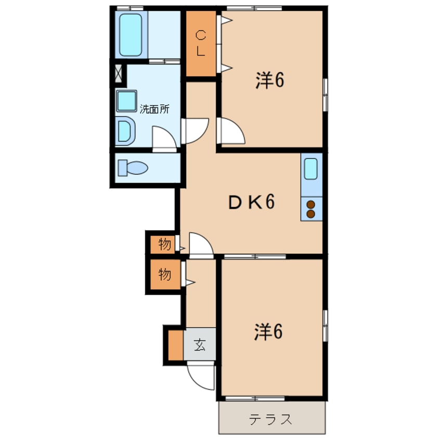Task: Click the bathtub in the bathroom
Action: click(131, 35)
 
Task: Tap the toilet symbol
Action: click(133, 168)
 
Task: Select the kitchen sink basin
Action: click(310, 169)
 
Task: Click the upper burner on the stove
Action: click(310, 205)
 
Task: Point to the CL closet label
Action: click(201, 43)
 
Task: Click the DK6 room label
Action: click(251, 202)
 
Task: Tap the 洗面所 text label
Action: click(154, 109)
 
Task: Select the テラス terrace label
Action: click(270, 419)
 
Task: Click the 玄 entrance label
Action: click(200, 345)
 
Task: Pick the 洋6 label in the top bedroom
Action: click(269, 80)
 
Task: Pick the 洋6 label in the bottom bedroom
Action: click(268, 332)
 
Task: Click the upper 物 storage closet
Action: click(163, 244)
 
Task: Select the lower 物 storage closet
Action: click(165, 274)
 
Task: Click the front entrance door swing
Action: click(201, 376)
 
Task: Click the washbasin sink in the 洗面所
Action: click(126, 101)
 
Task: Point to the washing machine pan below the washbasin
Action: click(125, 131)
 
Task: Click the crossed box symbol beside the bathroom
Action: click(119, 73)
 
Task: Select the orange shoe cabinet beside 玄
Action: click(176, 345)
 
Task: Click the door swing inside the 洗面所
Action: click(164, 139)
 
